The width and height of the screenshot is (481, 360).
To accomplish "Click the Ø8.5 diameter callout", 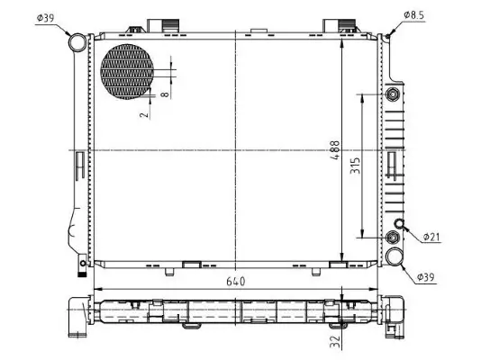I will (415, 16).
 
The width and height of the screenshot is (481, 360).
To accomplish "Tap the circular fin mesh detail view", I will (127, 70).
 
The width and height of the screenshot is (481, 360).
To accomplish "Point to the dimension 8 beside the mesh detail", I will (165, 92).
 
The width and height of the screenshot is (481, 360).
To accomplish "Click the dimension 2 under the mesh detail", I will (141, 112).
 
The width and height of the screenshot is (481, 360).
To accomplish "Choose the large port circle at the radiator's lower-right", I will (394, 257).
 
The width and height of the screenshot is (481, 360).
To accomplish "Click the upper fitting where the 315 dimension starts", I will (392, 95).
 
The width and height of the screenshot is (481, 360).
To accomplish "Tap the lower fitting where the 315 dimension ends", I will (392, 238).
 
